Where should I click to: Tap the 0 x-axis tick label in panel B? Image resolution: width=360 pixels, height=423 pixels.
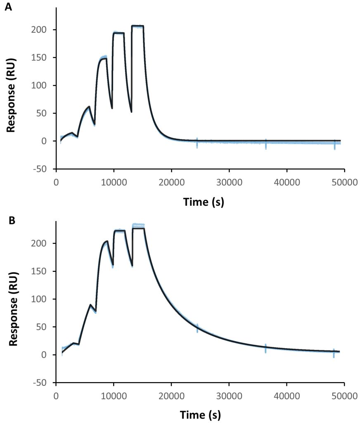click(56, 396)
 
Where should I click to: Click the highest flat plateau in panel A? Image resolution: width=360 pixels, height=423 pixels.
click(137, 26)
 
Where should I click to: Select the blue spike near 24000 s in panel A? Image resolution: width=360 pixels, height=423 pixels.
click(197, 143)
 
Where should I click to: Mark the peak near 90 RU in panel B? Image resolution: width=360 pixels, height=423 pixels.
click(90, 305)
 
